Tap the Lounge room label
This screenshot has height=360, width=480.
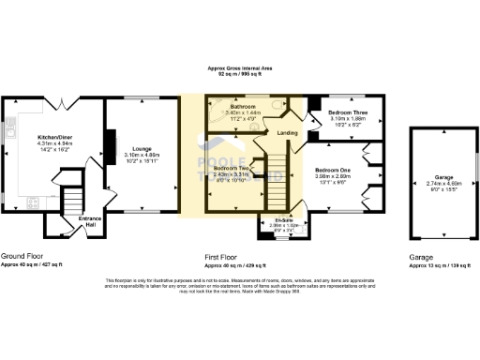coord(142,148)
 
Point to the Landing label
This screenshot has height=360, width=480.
coord(288,133)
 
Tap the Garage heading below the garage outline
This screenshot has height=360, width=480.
coord(421,256)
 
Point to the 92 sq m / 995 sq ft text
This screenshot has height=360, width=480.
coord(240,76)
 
